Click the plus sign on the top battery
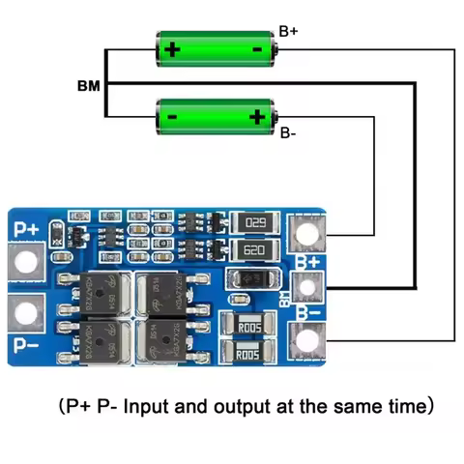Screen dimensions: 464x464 point(172,48)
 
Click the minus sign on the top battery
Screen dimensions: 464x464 point(257,48)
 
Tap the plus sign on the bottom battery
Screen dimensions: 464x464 point(257,117)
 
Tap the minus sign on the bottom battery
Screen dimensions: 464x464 point(172,117)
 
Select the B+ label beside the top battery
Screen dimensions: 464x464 point(288,32)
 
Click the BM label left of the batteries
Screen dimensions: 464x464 point(88,85)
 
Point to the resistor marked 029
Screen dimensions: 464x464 point(256,223)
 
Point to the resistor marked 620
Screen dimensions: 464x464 point(256,251)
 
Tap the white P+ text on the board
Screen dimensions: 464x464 point(26,228)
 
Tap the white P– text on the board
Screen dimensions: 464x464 point(26,342)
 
